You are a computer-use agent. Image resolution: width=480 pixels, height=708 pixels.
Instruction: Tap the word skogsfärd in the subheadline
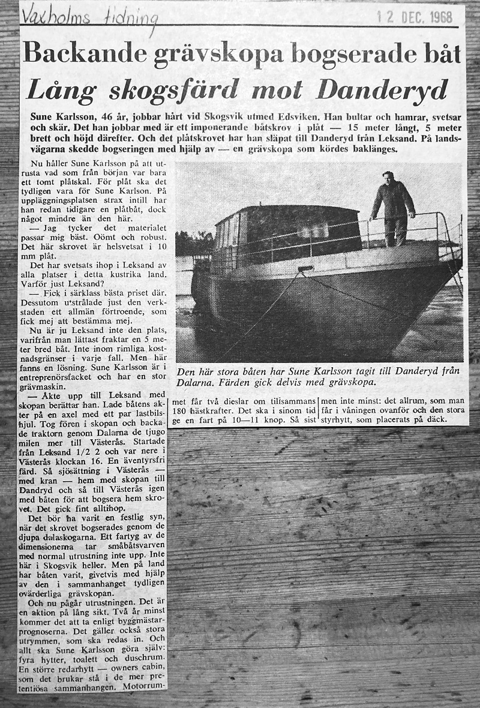(161, 90)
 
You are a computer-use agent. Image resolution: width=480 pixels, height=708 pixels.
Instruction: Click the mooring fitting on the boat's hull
(305, 268)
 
